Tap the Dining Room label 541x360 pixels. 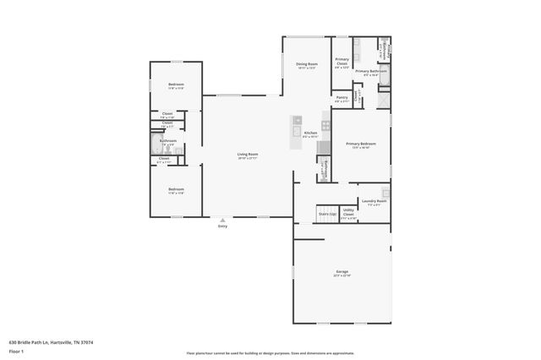(x=306, y=64)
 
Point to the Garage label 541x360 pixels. (x=342, y=272)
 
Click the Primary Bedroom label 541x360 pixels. (x=361, y=144)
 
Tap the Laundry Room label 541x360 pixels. (x=374, y=201)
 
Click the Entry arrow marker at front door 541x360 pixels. (x=222, y=219)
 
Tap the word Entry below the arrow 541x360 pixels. (x=222, y=226)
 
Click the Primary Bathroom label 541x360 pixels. (x=370, y=72)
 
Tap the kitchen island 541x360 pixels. (x=296, y=133)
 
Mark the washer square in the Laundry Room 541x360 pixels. (x=385, y=193)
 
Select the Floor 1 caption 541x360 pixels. (x=15, y=351)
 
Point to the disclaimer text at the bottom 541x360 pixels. (x=270, y=353)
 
